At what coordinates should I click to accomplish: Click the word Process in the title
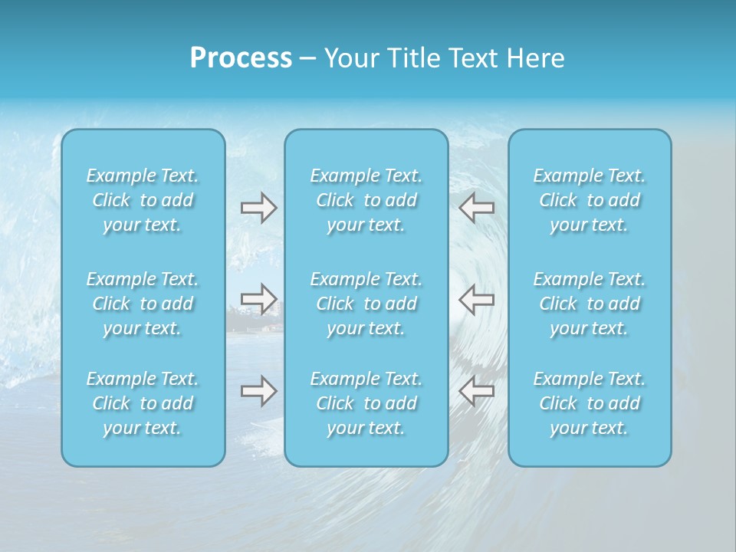[241, 58]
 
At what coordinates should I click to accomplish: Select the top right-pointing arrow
[258, 208]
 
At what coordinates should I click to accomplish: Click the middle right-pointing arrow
[258, 299]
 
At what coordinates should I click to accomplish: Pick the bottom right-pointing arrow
[258, 390]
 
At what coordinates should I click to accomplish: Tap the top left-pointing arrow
[477, 208]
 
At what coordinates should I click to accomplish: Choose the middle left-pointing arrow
[477, 299]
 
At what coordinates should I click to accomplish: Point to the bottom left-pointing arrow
[477, 390]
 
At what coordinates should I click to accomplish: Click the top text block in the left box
[143, 200]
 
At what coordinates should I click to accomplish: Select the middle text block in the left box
[143, 304]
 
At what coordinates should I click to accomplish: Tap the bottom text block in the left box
[143, 403]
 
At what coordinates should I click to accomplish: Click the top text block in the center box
[366, 200]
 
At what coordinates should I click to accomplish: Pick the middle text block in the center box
[366, 304]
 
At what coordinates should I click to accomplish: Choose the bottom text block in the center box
[366, 403]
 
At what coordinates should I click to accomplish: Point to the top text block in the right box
[590, 200]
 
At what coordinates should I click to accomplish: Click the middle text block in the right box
[590, 304]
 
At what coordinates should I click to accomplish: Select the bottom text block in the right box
[590, 403]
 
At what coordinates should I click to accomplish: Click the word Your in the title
[350, 58]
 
